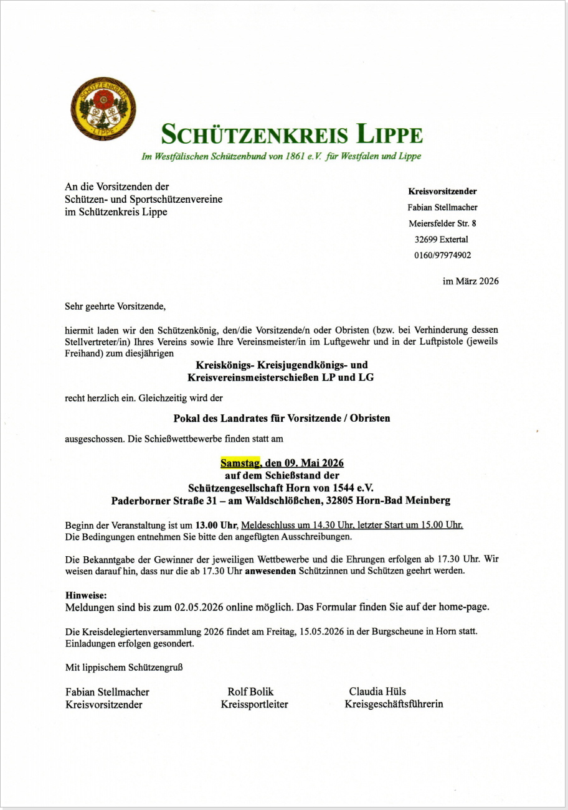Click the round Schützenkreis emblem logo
[103, 108]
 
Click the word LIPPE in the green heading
[389, 134]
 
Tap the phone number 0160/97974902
[442, 255]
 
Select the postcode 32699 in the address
[427, 240]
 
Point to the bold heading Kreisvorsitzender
[442, 192]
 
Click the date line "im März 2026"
[470, 281]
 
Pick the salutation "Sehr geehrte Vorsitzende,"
[115, 306]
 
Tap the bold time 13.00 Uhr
[216, 524]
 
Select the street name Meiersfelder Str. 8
[442, 223]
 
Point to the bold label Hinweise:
[86, 595]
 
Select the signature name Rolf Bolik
[250, 692]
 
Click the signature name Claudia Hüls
[377, 692]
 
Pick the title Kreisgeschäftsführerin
[394, 705]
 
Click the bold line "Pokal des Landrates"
[282, 418]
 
